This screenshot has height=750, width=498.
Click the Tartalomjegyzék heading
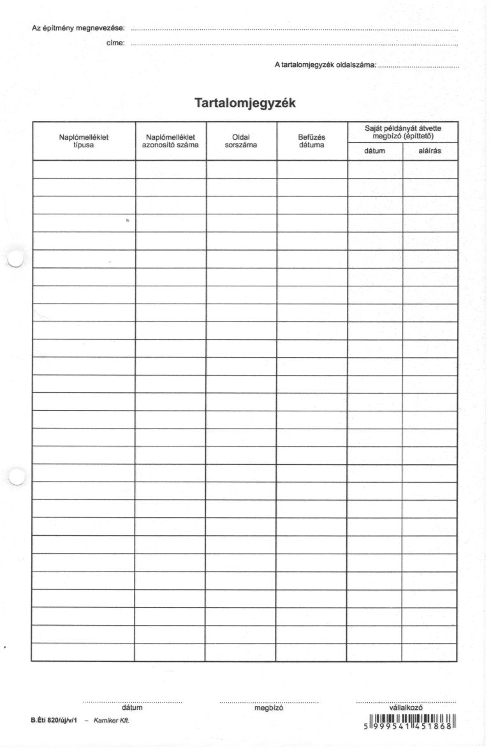tap(245, 103)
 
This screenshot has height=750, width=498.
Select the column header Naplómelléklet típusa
tap(84, 140)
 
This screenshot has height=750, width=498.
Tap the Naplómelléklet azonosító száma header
tap(170, 140)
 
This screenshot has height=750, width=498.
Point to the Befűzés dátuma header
tap(311, 140)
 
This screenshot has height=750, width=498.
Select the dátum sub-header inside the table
tap(375, 151)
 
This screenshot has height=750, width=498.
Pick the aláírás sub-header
tap(430, 151)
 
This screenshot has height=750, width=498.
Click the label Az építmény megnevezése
tap(78, 29)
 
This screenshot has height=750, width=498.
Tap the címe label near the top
tap(115, 43)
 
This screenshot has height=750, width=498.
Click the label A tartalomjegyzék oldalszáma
tap(325, 65)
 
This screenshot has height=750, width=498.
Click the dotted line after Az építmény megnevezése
tap(293, 30)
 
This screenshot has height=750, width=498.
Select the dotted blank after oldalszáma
tap(418, 66)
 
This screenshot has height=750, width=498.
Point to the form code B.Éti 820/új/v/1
tap(54, 720)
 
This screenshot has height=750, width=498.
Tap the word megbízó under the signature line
tap(268, 707)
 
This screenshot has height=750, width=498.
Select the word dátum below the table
tap(132, 707)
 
